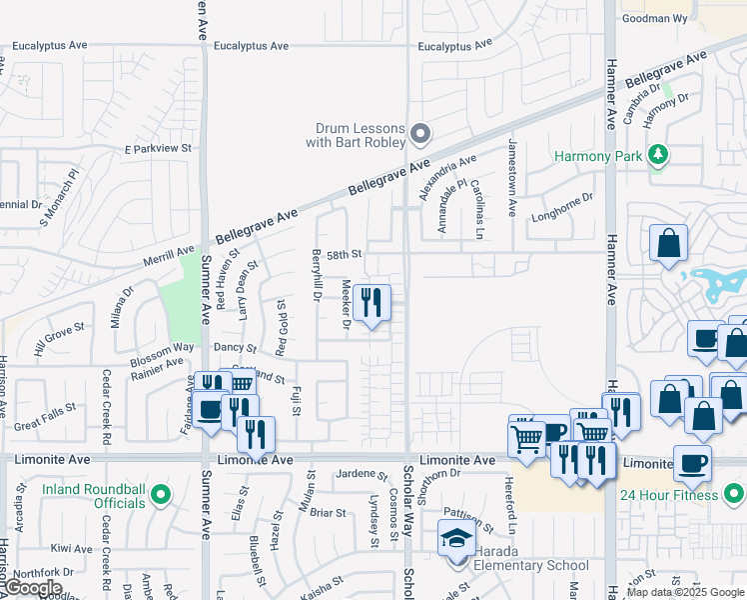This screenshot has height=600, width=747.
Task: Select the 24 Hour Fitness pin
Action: click(x=734, y=493)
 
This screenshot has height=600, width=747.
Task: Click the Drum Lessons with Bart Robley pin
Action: click(x=420, y=133)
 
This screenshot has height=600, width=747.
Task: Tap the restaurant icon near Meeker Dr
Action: click(x=373, y=302)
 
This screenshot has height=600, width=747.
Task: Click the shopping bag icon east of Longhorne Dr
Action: click(x=668, y=242)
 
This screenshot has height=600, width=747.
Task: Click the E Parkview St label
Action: click(x=157, y=148)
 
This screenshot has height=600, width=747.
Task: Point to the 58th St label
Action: click(x=343, y=255)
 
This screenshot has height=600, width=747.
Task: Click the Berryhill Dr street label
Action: click(x=317, y=275)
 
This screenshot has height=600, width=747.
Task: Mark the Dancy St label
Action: click(x=237, y=347)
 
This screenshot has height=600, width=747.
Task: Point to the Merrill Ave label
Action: click(x=169, y=256)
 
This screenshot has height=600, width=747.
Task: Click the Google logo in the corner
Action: click(x=33, y=589)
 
